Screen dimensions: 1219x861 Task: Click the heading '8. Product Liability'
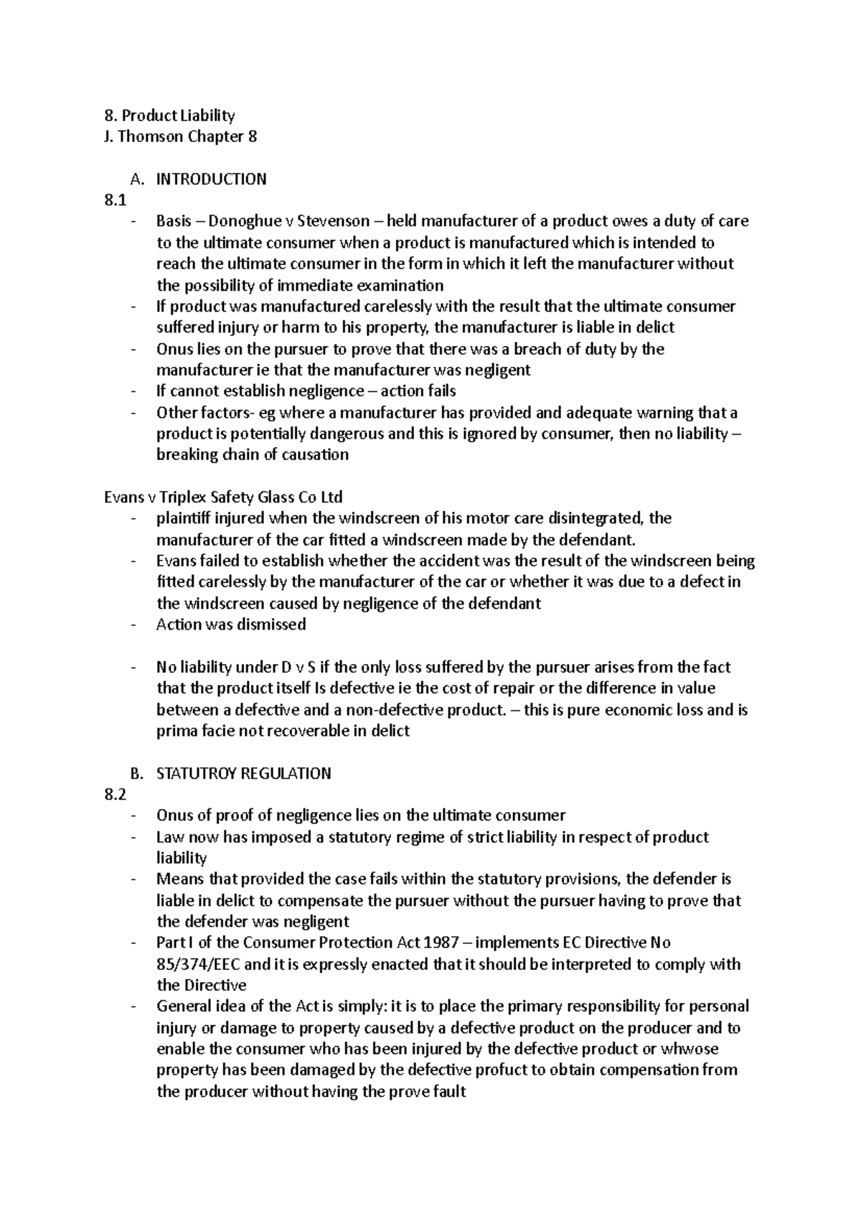[x=170, y=116]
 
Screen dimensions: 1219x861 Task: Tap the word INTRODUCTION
[x=211, y=179]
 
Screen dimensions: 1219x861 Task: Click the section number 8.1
[x=115, y=200]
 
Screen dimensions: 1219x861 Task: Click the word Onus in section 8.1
[x=173, y=349]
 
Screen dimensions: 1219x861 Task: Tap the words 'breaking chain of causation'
[x=253, y=455]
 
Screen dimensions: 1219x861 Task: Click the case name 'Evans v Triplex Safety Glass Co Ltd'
[x=223, y=498]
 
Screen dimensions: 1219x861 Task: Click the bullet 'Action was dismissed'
[x=231, y=625]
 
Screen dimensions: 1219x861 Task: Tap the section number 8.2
[x=115, y=795]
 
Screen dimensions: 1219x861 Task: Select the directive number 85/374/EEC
[x=203, y=964]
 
